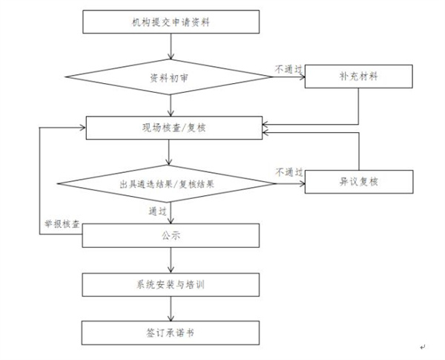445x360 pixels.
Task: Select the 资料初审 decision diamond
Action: (x=171, y=76)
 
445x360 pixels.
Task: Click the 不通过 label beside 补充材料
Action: (x=288, y=69)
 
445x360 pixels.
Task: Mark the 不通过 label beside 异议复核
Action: (x=288, y=172)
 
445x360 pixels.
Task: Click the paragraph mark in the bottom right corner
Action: (x=422, y=347)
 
